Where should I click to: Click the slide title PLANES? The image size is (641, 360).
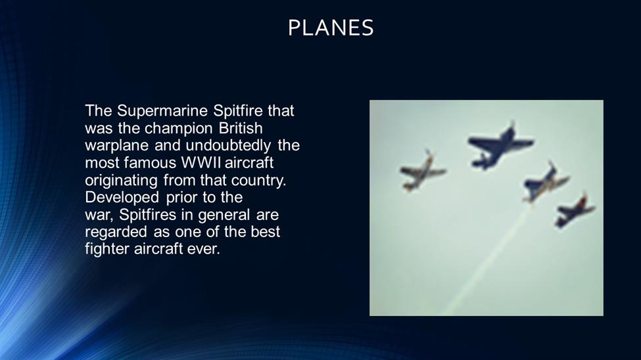click(x=331, y=28)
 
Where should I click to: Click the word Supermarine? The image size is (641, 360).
click(x=162, y=111)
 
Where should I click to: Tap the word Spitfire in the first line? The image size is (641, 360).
click(x=238, y=111)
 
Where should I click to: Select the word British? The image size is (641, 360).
click(x=241, y=128)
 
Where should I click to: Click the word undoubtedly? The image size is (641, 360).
click(x=228, y=146)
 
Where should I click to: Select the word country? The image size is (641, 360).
click(x=258, y=181)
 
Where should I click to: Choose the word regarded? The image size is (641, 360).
click(x=117, y=233)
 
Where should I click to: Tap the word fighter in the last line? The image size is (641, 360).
click(x=107, y=249)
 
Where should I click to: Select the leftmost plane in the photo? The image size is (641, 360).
click(x=422, y=171)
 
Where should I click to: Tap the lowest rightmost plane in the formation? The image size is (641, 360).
click(x=574, y=211)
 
